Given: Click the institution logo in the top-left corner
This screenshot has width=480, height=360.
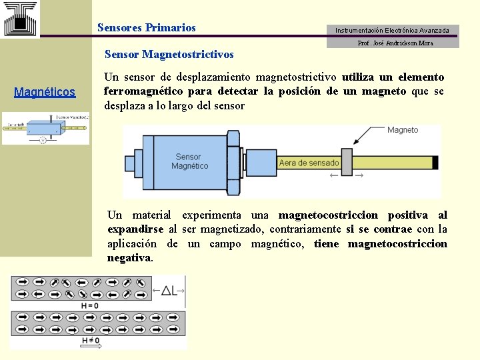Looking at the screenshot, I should (x=20, y=18).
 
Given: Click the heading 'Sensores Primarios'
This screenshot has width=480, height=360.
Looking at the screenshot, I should (x=147, y=28).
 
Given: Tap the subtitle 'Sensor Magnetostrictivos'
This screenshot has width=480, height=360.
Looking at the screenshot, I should (x=169, y=53).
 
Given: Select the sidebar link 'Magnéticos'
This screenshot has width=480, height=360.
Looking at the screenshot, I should (x=45, y=92).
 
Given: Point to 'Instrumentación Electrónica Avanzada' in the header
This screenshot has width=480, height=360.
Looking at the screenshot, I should (x=392, y=30).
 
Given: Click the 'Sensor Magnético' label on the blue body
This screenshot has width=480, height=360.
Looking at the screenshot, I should (x=189, y=161).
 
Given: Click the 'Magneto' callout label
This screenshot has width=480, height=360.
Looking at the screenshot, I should (x=403, y=130).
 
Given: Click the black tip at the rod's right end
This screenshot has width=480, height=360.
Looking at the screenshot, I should (x=435, y=162).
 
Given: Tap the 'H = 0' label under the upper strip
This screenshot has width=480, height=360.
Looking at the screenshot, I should (x=89, y=305).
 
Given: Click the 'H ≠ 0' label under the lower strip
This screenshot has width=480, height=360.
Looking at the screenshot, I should (x=90, y=341).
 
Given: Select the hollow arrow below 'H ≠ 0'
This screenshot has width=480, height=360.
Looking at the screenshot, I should (x=90, y=347).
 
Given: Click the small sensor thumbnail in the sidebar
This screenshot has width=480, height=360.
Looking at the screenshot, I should (x=45, y=128).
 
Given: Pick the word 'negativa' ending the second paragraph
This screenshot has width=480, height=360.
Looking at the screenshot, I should (x=129, y=257).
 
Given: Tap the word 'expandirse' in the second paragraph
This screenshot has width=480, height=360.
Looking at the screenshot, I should (x=135, y=229).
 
